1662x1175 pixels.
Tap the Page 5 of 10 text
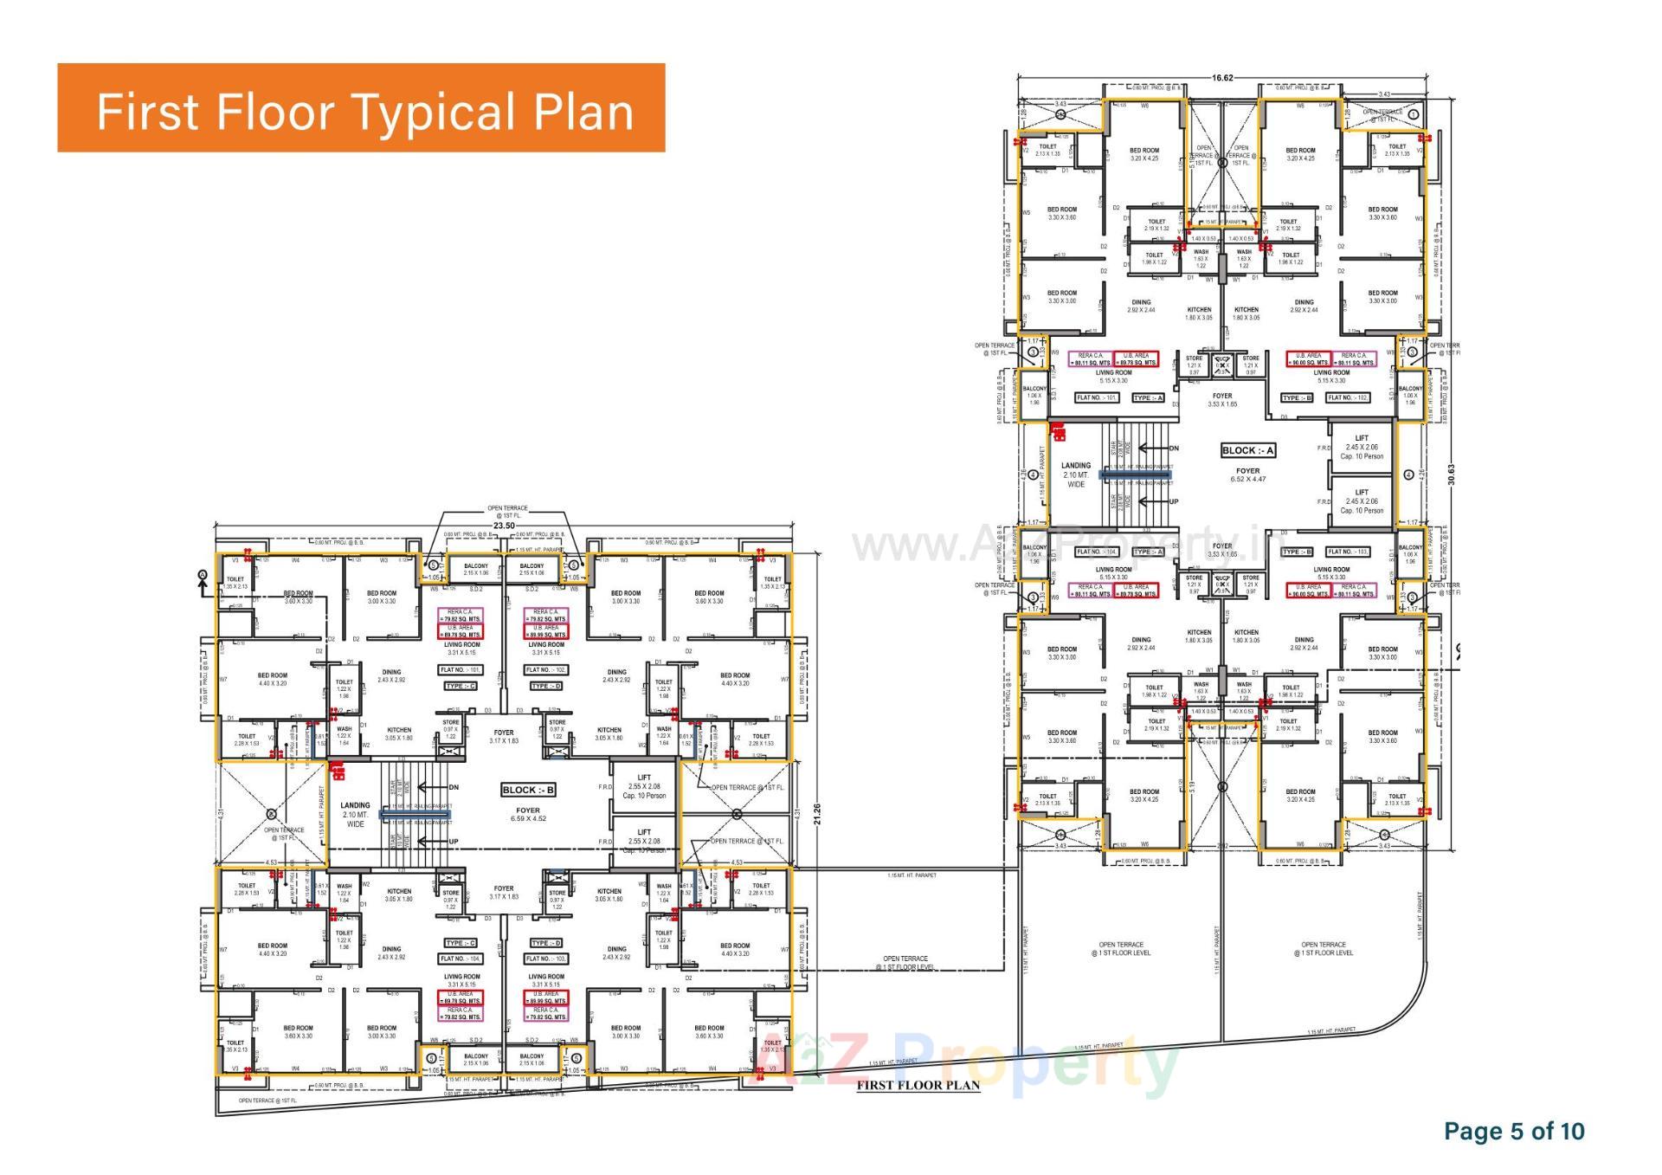(x=1514, y=1131)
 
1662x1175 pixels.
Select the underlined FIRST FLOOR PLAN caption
(x=918, y=1085)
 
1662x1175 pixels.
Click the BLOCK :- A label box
(x=1247, y=450)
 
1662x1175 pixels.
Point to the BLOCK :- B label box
(x=528, y=790)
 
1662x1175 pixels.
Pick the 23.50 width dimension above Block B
(x=505, y=526)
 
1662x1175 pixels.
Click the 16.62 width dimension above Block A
(x=1221, y=78)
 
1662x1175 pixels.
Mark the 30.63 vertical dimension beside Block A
(x=1452, y=474)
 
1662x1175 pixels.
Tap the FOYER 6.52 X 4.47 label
(x=1247, y=475)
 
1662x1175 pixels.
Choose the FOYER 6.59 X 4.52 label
(x=527, y=814)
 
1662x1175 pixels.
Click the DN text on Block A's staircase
(x=1174, y=449)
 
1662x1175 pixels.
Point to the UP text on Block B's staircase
(x=454, y=842)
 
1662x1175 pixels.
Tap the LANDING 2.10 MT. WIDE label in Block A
(x=1076, y=475)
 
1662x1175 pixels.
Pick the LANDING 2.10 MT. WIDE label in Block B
(x=356, y=814)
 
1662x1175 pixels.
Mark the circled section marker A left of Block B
(x=203, y=575)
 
